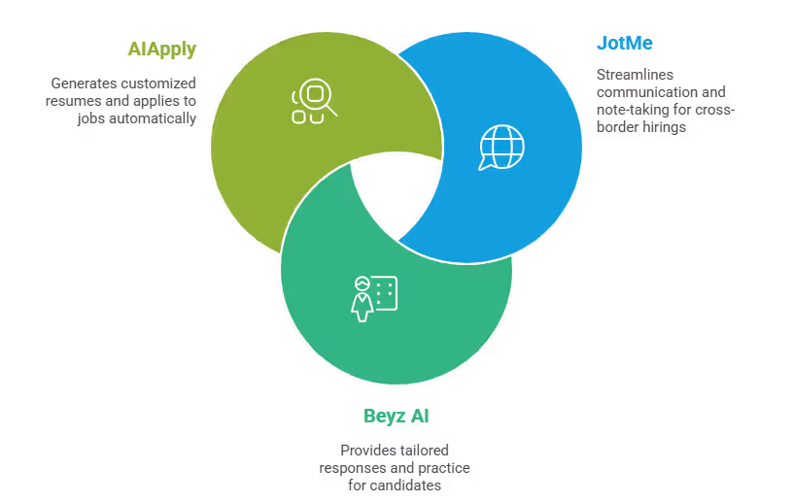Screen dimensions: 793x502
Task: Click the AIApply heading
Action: coord(161,48)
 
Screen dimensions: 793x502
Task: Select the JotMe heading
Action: coord(623,44)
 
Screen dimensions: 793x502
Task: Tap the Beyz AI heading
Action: coord(396,417)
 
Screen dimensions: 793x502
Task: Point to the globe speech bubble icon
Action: coord(500,148)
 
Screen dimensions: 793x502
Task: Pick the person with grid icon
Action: coord(374,297)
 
